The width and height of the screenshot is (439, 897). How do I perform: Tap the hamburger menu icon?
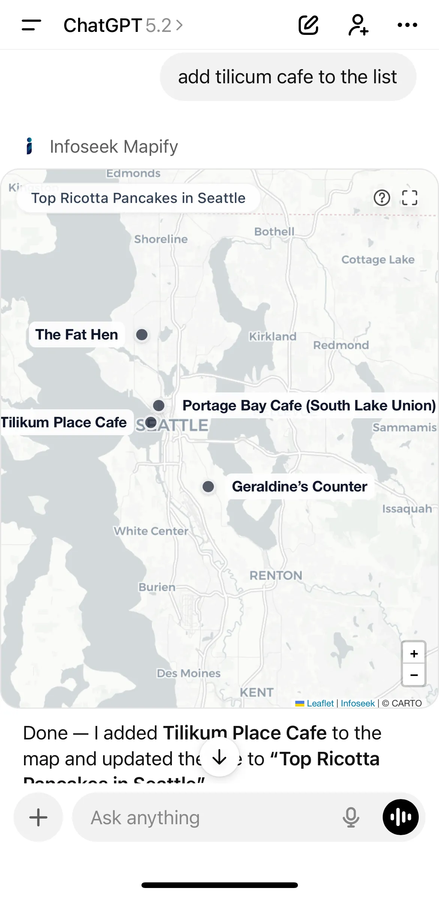pos(32,25)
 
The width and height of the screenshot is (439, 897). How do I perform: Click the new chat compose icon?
pos(308,25)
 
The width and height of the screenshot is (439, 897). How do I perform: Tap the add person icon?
pos(358,25)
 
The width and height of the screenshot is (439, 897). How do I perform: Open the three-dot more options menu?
pos(407,25)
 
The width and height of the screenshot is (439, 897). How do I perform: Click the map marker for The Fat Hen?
pos(142,335)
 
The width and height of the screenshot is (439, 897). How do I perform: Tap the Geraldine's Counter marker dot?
pos(208,487)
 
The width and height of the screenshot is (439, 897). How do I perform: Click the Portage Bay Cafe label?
pos(308,406)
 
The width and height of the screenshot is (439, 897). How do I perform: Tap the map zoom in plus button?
pos(414,654)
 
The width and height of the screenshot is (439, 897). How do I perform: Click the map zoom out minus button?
pos(414,675)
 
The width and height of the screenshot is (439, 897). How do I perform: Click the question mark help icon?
pos(382,198)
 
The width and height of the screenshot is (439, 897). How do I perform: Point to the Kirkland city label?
pos(273,337)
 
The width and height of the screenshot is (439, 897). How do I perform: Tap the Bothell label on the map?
pos(274,231)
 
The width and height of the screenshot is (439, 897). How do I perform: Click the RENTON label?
pos(276,575)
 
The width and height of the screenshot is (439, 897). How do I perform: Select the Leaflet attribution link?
pos(320,703)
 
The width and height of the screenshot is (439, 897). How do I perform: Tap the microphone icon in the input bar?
pos(351,817)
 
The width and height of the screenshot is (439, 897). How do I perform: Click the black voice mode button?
pos(400,817)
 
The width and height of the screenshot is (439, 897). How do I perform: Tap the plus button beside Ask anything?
pos(38,817)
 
